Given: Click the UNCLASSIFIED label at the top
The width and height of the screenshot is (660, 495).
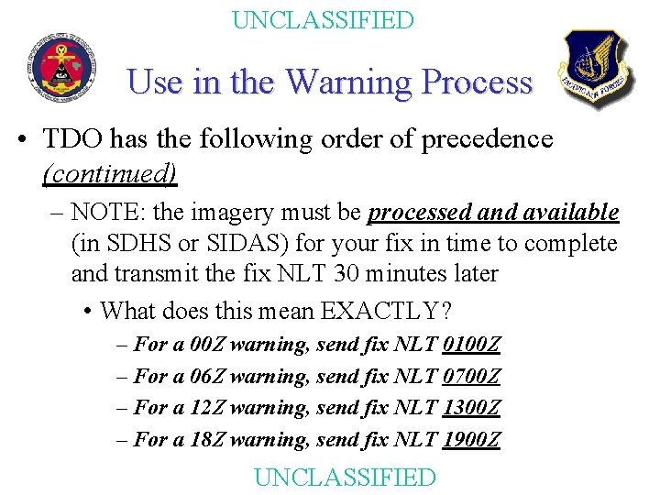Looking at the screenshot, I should (x=323, y=20).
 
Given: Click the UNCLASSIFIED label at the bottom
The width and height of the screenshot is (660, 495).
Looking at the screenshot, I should (x=344, y=477).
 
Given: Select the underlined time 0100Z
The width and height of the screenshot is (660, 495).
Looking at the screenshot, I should (x=471, y=345).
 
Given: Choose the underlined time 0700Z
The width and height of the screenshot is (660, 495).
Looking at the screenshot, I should (x=471, y=376).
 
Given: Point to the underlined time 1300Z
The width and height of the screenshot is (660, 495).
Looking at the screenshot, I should (x=471, y=407).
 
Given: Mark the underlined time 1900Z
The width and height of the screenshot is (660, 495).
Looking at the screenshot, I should (x=471, y=439).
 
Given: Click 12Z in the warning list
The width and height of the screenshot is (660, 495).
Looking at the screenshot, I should (x=207, y=407).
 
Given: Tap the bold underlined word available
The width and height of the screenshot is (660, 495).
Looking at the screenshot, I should (x=574, y=213).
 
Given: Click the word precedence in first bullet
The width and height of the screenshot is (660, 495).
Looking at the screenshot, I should (x=487, y=139).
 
